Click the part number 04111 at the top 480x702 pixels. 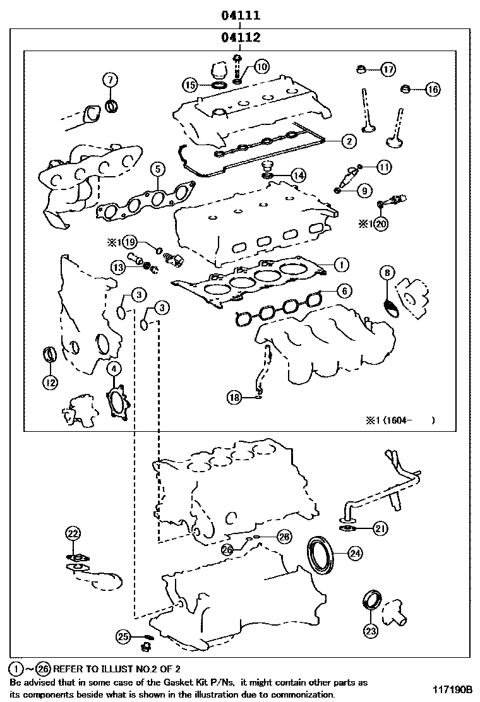(241, 15)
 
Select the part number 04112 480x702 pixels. (241, 38)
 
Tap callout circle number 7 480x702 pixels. (110, 80)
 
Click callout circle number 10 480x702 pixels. (261, 66)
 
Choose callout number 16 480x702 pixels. (431, 90)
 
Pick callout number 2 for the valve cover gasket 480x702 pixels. (347, 142)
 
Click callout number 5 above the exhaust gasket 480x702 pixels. (157, 169)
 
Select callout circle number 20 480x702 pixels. (380, 223)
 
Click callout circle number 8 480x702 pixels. (387, 273)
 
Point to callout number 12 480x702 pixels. (50, 381)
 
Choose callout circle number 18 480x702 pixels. (235, 397)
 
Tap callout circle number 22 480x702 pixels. (73, 533)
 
